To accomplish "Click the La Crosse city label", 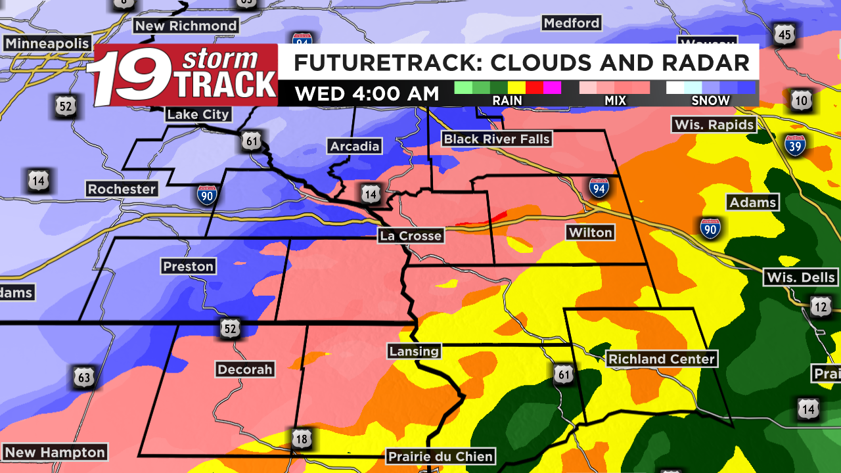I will click(x=411, y=236).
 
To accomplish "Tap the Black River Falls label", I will click(x=497, y=139).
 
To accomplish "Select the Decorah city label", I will click(x=244, y=369).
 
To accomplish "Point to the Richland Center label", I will click(x=661, y=359).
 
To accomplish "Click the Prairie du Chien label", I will click(x=440, y=456).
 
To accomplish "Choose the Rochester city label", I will click(x=122, y=189).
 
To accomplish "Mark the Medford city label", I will click(x=572, y=23).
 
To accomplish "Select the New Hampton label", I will click(x=55, y=453).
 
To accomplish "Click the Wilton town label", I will click(x=590, y=233).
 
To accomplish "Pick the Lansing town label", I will click(x=414, y=351).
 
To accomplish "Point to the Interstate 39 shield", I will click(x=795, y=145).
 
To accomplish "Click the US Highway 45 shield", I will click(x=784, y=34).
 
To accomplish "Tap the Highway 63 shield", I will click(x=84, y=377).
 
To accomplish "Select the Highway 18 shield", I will click(x=302, y=439).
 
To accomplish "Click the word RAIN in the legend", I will click(x=507, y=101).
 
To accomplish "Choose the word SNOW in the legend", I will click(x=710, y=101).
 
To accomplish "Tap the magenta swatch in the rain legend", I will click(x=552, y=87).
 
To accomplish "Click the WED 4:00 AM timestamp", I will click(x=367, y=93).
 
